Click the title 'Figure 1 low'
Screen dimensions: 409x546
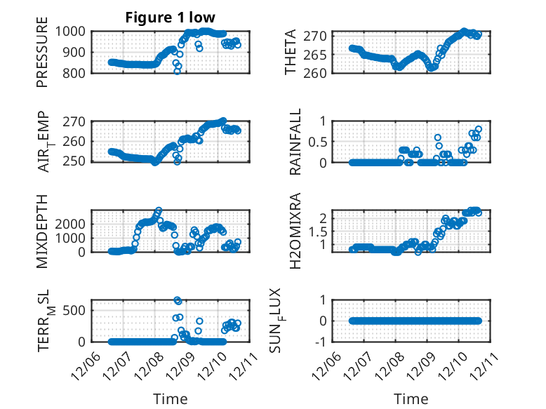coord(171,17)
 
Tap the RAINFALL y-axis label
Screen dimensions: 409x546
coord(295,142)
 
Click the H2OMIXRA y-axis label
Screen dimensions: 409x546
coord(295,231)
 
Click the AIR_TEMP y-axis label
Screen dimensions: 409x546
coord(44,142)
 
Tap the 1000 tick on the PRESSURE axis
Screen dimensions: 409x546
coord(71,32)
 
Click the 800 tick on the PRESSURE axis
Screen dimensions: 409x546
coord(74,73)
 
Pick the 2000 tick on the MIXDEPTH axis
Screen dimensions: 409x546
coord(71,223)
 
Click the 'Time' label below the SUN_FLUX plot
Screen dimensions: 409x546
coord(411,399)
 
